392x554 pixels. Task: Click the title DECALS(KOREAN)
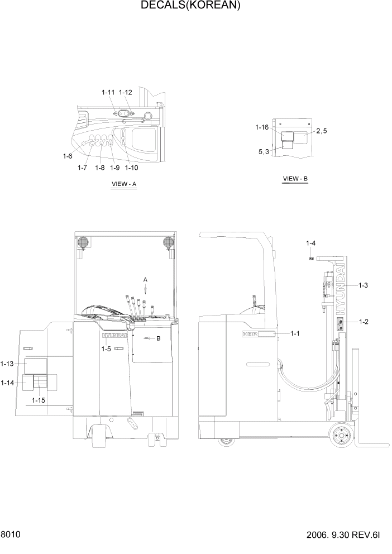pos(190,6)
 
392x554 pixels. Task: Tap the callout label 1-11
pos(108,92)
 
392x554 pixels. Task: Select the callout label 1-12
pos(126,92)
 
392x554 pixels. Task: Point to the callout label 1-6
pos(68,156)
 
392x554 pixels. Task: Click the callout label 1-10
pos(132,168)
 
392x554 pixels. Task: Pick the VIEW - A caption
pos(124,184)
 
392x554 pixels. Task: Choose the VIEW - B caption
pos(295,179)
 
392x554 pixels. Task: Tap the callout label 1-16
pos(262,128)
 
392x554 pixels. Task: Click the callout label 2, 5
pos(322,131)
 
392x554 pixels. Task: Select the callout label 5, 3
pos(264,151)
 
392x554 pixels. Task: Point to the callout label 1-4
pos(311,243)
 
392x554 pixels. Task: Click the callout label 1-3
pos(362,285)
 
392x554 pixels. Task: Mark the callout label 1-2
pos(364,322)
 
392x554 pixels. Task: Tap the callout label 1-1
pos(295,333)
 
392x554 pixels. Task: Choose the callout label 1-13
pos(7,364)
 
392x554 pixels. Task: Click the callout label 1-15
pos(39,400)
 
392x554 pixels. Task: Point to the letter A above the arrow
pos(145,279)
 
